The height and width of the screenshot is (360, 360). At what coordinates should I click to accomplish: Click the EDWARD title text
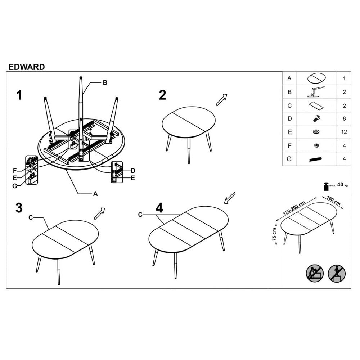(27, 67)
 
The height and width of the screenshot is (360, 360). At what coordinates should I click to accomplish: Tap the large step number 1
(19, 95)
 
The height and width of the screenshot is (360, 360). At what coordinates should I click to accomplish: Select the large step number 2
(162, 95)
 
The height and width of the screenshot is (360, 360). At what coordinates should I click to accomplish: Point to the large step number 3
(19, 208)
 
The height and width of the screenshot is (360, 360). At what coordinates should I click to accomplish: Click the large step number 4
(159, 208)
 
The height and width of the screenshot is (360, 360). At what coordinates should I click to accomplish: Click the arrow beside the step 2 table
(222, 100)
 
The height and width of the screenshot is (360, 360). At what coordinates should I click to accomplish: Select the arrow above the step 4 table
(230, 198)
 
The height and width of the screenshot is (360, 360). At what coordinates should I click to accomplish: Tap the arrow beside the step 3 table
(99, 213)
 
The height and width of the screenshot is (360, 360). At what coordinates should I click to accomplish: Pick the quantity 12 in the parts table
(344, 132)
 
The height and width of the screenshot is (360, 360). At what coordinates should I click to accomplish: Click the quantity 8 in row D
(344, 119)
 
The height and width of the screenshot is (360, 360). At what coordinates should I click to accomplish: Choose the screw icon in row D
(316, 118)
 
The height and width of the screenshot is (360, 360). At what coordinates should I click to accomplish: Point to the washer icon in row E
(316, 132)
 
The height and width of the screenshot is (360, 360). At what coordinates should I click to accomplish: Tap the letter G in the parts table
(289, 159)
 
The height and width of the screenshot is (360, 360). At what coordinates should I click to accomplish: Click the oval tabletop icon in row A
(316, 78)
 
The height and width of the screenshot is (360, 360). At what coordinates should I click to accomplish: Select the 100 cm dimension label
(334, 201)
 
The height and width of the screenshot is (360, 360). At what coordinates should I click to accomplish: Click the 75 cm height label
(274, 234)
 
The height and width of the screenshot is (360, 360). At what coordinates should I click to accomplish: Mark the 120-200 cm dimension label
(294, 208)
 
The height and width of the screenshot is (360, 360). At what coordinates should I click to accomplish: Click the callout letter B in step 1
(105, 83)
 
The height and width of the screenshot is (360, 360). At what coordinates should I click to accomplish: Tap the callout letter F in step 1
(15, 171)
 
